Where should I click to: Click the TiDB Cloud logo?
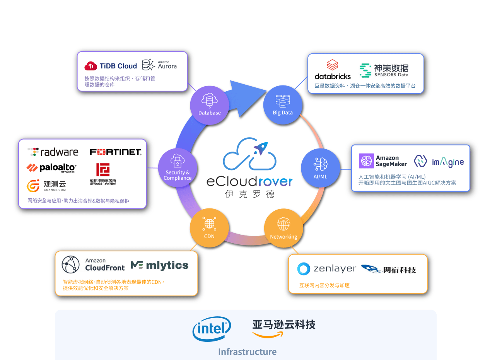[111, 66]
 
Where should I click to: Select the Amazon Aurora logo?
[159, 65]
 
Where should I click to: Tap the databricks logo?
[333, 70]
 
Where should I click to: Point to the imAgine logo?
[439, 161]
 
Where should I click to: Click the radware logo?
[53, 152]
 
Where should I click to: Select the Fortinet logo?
[116, 152]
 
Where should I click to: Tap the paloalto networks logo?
[51, 168]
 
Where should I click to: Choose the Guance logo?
[46, 186]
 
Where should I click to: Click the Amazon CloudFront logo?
[93, 265]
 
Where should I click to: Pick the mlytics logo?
[159, 265]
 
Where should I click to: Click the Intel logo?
[212, 329]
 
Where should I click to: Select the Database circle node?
[210, 105]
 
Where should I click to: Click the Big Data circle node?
[283, 105]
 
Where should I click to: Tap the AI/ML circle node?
[320, 168]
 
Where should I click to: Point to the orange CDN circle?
[209, 228]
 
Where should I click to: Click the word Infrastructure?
[247, 351]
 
